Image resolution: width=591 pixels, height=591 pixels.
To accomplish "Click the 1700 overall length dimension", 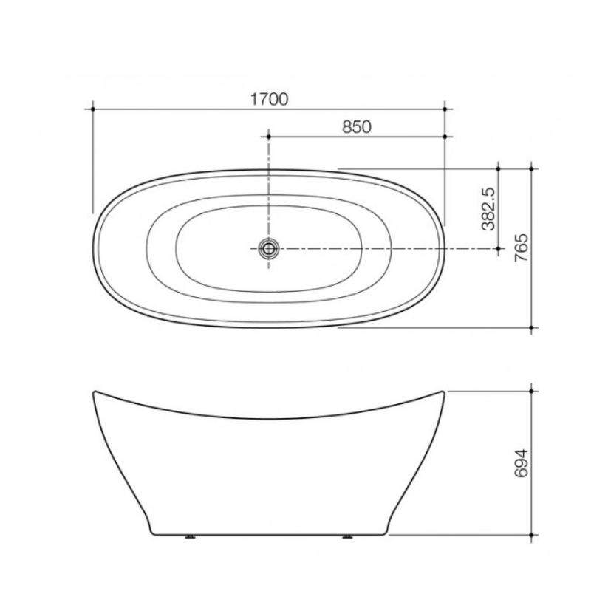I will (x=269, y=98).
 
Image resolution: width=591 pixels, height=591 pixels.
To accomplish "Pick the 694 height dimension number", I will (x=521, y=462).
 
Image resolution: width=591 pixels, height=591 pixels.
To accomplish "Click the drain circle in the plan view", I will (x=268, y=249).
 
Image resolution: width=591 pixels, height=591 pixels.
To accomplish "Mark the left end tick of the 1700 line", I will (x=92, y=109).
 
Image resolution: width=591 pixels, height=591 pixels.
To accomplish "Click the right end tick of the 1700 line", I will (x=445, y=109).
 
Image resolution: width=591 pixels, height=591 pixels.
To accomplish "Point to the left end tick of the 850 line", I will (x=268, y=137).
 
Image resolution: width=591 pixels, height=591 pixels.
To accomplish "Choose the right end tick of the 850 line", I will (x=445, y=137).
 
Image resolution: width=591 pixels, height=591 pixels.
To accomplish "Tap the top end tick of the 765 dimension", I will (x=533, y=168).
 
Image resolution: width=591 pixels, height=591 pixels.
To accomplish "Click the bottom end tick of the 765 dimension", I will (x=533, y=327).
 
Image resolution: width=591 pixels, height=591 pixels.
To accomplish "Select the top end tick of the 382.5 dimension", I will (x=499, y=168).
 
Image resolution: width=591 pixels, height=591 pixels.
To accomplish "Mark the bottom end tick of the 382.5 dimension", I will (x=499, y=249).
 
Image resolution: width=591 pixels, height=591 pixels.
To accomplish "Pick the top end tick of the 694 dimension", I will (x=533, y=391).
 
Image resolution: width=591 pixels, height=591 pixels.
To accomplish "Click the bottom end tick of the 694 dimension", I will (x=533, y=533).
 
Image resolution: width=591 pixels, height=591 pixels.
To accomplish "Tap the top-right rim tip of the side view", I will (x=444, y=392).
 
